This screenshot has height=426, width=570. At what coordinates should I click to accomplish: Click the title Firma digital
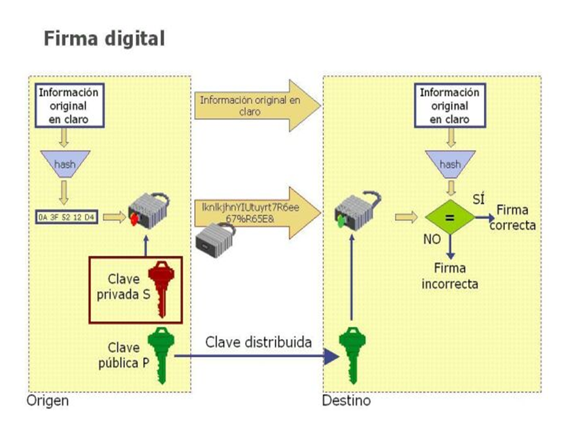click(104, 38)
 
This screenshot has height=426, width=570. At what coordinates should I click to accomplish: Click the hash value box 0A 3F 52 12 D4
click(66, 218)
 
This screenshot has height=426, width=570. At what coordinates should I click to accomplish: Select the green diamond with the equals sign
click(449, 217)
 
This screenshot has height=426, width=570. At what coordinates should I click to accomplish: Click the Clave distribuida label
click(259, 341)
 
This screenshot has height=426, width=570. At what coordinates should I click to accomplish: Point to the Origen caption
click(47, 401)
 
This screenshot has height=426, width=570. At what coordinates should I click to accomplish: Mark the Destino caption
click(346, 401)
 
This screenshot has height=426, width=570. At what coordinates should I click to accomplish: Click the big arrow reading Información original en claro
click(254, 105)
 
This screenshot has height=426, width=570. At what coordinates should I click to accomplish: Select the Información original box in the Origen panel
click(68, 105)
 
